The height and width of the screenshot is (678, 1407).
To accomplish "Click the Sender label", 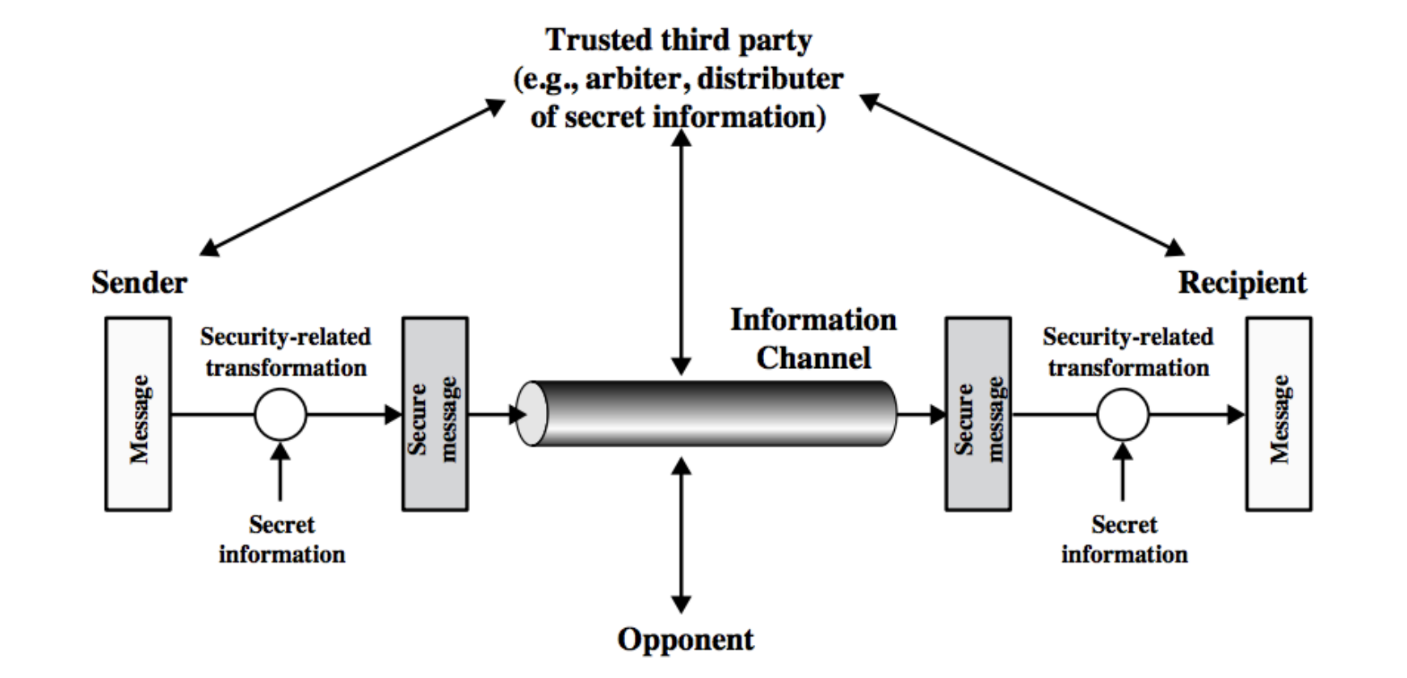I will coord(139,282).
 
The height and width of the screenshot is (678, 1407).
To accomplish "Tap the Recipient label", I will coord(1241,282).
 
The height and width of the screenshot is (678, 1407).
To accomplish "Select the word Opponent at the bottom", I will coord(685,639).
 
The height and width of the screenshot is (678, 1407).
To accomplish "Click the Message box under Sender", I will coord(138,414).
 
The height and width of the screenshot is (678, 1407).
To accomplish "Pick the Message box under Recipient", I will coord(1279,414).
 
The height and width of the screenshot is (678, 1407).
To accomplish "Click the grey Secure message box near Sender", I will coord(435,414).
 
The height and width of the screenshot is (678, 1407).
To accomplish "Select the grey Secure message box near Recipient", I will coord(978,414).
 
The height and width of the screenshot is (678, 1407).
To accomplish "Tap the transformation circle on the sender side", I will coord(280,415).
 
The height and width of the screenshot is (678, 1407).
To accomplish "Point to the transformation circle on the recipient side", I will coord(1123,415).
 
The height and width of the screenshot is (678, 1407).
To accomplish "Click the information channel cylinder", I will coord(707,414).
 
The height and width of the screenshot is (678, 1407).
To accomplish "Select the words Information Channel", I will coord(813,339).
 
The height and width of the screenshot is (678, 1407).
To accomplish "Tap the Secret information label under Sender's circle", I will coord(282,539).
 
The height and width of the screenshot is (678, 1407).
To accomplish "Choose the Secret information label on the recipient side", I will coord(1124,539).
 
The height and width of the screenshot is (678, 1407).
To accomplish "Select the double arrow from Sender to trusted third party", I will coord(352,178).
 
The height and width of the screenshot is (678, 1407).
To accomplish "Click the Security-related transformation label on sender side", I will coord(285,352).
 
